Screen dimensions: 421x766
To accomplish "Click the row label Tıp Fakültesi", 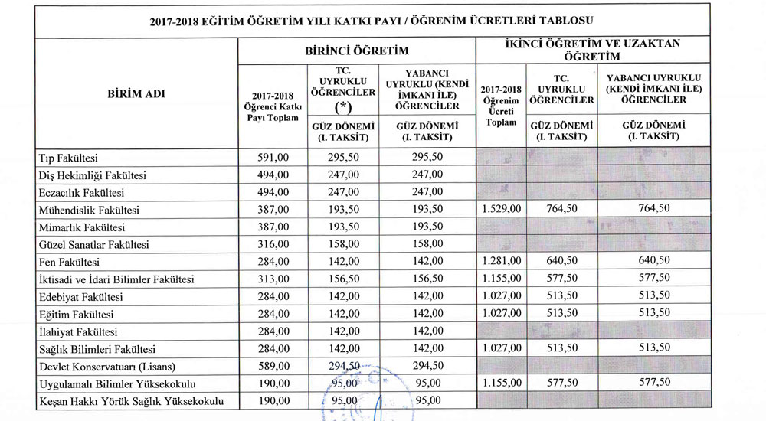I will click(x=69, y=158).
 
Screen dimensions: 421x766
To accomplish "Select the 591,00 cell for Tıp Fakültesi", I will click(x=273, y=158).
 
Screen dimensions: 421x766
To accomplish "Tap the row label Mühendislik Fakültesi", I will click(x=89, y=210).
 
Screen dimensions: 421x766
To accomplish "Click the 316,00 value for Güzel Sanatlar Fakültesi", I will click(x=273, y=244).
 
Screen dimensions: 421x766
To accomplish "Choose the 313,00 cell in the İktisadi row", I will click(x=273, y=279).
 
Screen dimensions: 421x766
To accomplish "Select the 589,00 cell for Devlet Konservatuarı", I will click(x=273, y=365).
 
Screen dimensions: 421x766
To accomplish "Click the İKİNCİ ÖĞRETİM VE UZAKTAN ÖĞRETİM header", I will click(x=619, y=49).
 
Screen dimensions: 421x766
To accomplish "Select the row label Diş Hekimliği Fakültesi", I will click(x=93, y=175).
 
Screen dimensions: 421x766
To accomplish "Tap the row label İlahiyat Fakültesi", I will click(x=78, y=331).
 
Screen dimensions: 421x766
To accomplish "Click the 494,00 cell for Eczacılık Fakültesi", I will click(x=273, y=192).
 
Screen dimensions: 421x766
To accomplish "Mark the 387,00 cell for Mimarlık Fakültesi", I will click(x=273, y=227).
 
